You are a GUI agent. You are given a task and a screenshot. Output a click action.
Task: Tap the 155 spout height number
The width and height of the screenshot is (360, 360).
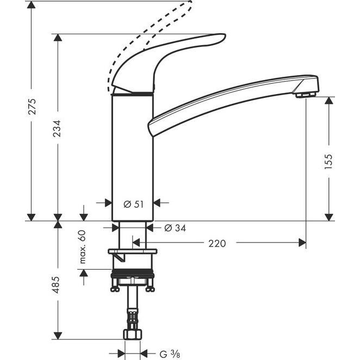pos(328,162)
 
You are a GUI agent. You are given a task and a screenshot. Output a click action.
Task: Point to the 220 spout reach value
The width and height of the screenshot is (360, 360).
pos(217,244)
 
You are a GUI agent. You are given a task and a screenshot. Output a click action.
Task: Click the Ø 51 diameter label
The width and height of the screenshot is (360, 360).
pos(133,203)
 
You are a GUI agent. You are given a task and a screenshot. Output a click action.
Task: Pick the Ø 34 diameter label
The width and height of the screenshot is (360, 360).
pos(175,228)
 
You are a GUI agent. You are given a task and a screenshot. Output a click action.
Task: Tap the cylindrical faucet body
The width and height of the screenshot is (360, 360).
pos(133,158)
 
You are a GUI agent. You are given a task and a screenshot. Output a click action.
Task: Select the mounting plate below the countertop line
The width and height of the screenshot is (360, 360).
pos(133,252)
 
